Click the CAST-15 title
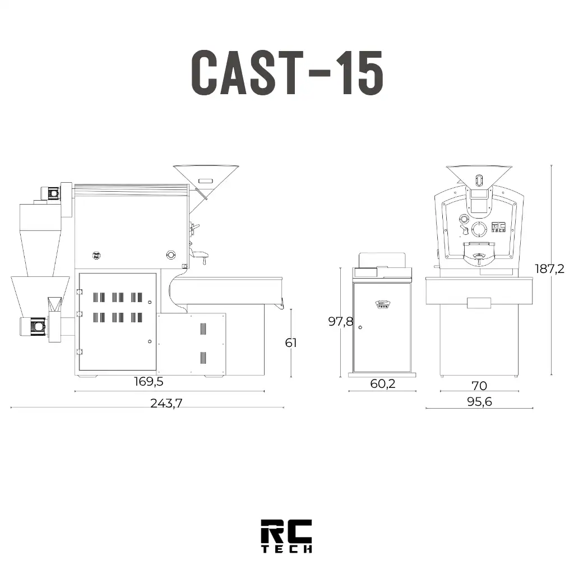(x=287, y=72)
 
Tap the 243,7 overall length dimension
(x=166, y=403)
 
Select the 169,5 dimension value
(x=149, y=381)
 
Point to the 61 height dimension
(x=291, y=342)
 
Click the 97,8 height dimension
(x=340, y=321)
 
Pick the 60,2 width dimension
(x=382, y=383)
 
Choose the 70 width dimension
(x=479, y=386)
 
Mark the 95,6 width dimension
(x=479, y=401)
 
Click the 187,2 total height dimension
(x=549, y=269)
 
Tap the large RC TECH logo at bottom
(x=286, y=535)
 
